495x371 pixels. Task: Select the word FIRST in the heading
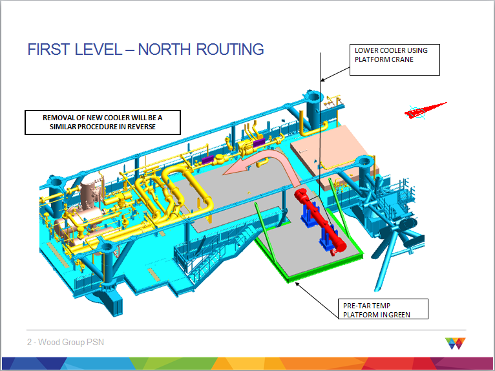(49, 49)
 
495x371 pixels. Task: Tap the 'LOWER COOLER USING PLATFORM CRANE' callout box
(394, 59)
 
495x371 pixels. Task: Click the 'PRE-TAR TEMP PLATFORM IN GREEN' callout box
(383, 309)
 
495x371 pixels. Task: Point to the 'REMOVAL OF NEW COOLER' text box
(103, 122)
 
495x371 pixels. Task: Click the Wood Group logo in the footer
(455, 343)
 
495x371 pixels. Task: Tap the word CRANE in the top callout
(401, 59)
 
